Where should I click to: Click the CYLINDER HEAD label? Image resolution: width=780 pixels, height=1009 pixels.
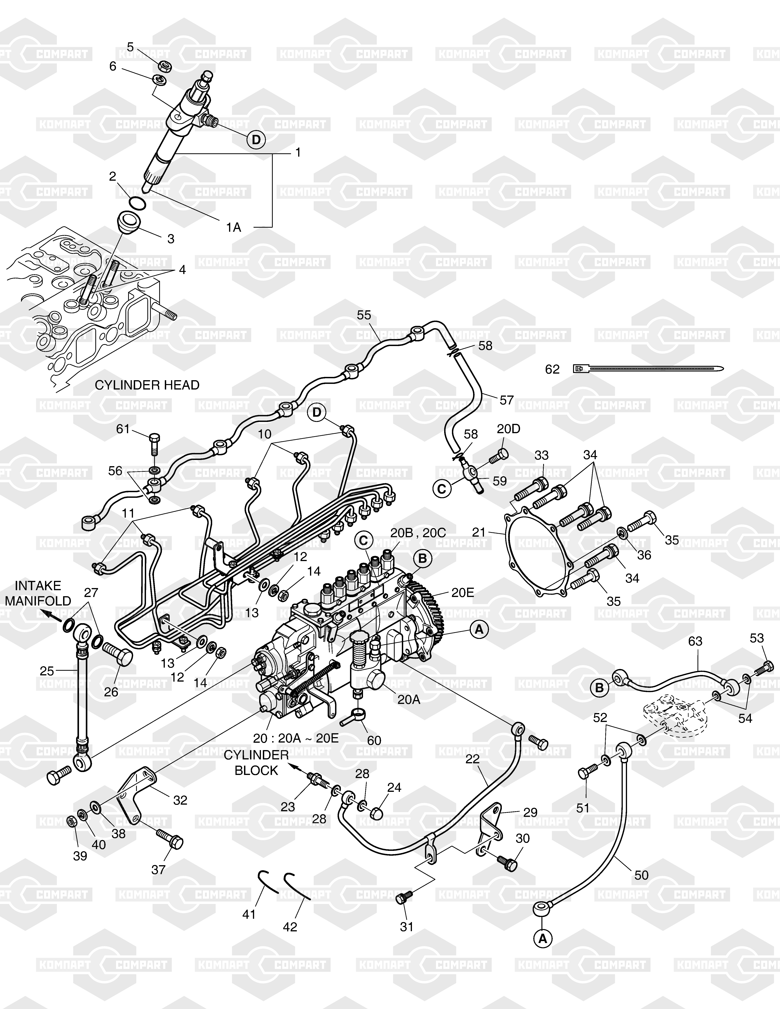[147, 385]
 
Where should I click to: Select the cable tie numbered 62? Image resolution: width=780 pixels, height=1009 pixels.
[647, 369]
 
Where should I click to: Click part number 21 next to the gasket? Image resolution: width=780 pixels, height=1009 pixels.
[479, 532]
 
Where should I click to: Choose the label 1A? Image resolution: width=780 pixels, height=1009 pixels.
[234, 227]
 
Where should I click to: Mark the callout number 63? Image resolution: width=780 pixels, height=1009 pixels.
[695, 641]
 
